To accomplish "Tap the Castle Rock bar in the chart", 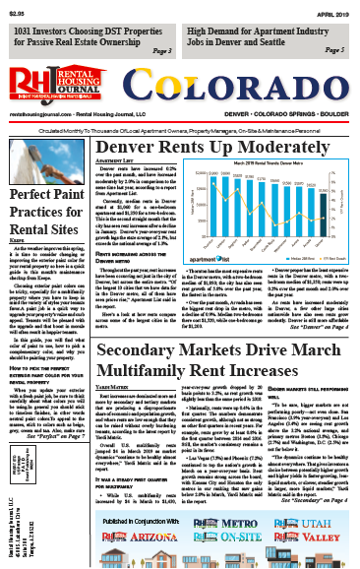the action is (x=272, y=200).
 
